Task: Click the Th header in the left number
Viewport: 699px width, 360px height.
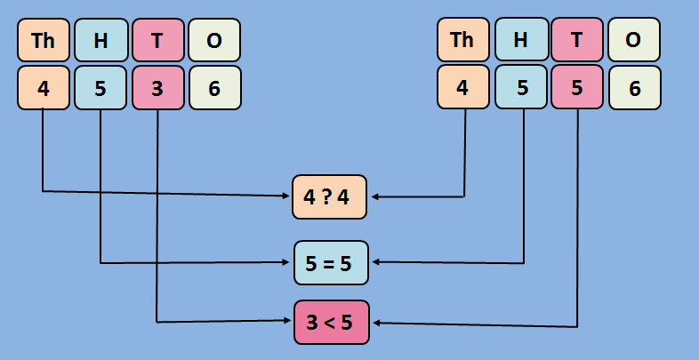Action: pos(44,40)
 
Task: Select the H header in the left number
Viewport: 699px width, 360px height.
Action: pos(100,40)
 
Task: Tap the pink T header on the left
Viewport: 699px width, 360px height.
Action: pos(157,40)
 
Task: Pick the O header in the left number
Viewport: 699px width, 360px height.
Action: pos(214,40)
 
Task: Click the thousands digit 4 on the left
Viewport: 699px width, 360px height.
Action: pos(44,88)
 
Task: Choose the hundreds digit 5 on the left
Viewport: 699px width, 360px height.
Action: pos(100,88)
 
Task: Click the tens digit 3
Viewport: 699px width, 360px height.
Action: pos(157,88)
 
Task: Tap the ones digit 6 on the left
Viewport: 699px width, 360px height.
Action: pos(214,88)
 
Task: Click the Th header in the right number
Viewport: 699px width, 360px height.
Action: pos(463,40)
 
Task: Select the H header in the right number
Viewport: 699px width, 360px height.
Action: pos(520,40)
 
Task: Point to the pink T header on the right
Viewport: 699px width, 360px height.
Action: pos(577,40)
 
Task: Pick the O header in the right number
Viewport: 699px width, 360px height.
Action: pos(634,40)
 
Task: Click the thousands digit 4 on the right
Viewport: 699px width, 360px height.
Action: pos(463,88)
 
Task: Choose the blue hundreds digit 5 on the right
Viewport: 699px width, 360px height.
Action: pos(520,88)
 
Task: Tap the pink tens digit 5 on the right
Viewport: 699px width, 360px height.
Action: pos(577,88)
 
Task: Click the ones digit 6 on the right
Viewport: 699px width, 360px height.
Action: pos(634,88)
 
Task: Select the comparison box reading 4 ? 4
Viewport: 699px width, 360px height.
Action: pos(330,197)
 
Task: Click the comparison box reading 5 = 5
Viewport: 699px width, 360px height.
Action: pos(330,263)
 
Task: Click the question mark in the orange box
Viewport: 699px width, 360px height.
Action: pos(330,197)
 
